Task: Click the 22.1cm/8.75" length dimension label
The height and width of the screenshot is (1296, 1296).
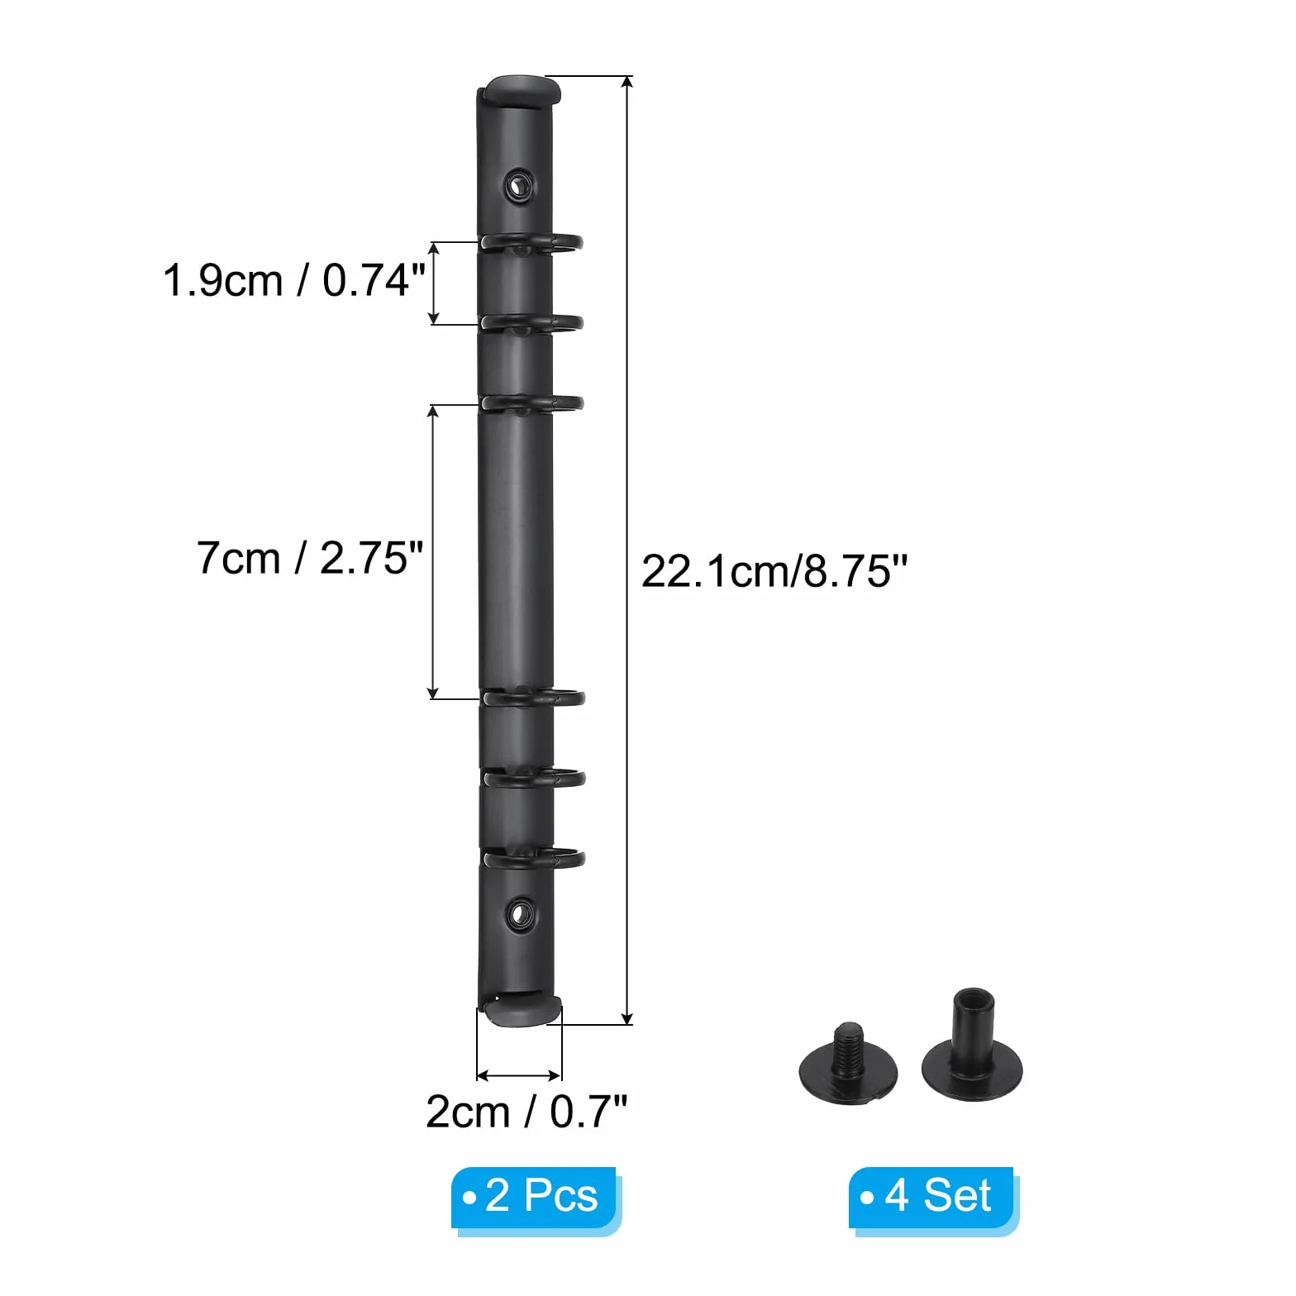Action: (774, 571)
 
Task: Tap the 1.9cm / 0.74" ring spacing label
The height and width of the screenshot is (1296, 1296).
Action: (294, 280)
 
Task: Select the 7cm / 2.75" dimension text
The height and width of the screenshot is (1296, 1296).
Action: (310, 558)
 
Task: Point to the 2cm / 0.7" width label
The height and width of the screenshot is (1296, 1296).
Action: (526, 1112)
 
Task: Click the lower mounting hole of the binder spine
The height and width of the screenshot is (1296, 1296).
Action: (519, 914)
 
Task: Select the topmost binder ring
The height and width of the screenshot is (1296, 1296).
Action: (532, 242)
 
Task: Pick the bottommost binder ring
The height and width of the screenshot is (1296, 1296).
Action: (534, 858)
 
